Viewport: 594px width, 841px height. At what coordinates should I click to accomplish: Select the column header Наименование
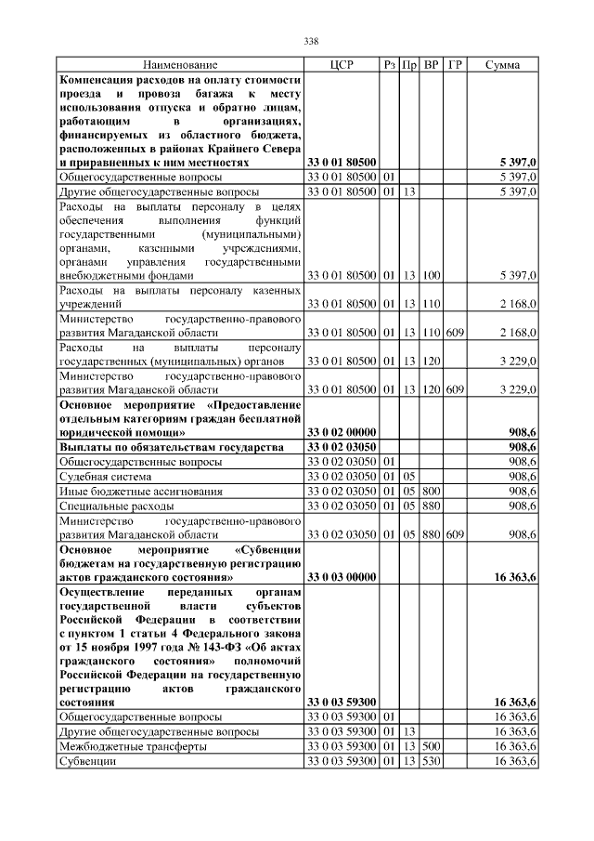(180, 65)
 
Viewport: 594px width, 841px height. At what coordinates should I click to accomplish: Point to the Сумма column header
(502, 65)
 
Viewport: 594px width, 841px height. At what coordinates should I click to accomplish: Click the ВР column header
(432, 65)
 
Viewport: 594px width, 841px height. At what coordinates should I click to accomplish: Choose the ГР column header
(455, 65)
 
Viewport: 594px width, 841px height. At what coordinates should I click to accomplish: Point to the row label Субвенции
(87, 761)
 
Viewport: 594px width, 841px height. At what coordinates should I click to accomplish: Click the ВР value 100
(432, 276)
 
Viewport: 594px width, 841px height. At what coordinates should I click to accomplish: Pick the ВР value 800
(432, 491)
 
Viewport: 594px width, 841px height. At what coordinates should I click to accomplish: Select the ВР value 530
(432, 761)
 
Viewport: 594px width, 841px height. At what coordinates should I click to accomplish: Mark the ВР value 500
(432, 746)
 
